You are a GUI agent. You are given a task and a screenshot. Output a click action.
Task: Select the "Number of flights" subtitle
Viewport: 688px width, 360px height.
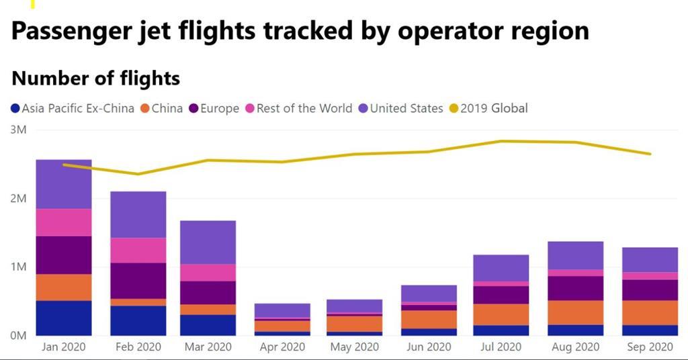coord(95,79)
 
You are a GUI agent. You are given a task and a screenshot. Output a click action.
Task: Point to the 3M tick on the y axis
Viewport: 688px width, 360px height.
coord(18,130)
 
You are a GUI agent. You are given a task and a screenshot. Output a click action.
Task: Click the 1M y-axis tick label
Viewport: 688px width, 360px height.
coord(18,267)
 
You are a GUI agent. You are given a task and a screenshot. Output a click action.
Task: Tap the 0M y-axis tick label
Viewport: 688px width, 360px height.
coord(18,335)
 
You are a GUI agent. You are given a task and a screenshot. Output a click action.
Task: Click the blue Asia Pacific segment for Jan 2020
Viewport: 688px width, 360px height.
coord(64,318)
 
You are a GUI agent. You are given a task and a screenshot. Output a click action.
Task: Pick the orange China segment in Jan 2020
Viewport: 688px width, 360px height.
coord(64,287)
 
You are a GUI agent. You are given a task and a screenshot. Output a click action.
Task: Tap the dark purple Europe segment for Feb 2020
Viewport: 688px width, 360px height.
coord(138,280)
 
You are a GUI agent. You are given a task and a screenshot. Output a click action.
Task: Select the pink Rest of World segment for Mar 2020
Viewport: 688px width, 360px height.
coord(208,272)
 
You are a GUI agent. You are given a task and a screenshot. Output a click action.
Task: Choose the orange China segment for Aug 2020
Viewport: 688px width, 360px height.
coord(575,312)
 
